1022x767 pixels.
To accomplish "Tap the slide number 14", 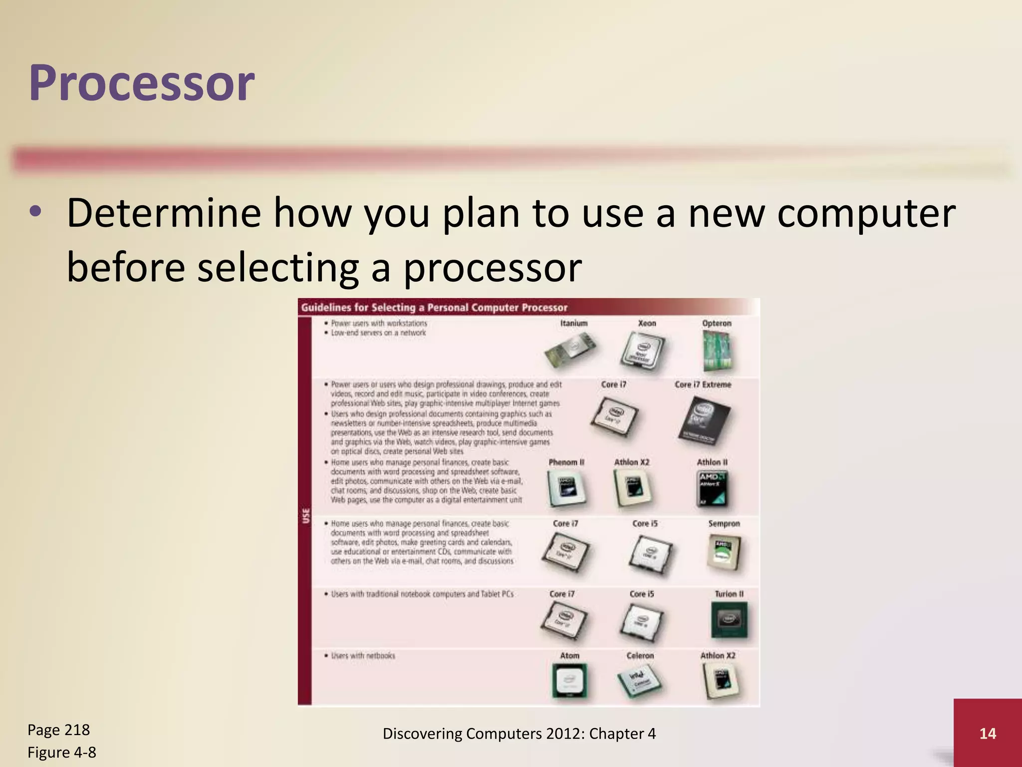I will [x=987, y=734].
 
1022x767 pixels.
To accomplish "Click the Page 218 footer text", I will [x=58, y=730].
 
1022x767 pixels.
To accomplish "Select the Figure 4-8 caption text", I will [x=61, y=752].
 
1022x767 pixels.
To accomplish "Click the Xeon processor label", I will [x=647, y=323].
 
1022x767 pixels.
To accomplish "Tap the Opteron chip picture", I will [x=718, y=352].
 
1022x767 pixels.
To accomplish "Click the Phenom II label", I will [x=566, y=462].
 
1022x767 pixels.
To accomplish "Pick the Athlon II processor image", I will [x=712, y=488].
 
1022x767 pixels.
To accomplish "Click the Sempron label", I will [x=724, y=523].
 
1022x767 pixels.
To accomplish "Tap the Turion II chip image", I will [x=729, y=620].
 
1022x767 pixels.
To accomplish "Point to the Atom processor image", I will [x=569, y=681].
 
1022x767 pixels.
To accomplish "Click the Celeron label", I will [x=640, y=655].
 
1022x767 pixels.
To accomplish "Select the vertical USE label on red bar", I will [x=305, y=515].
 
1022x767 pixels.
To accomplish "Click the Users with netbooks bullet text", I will [x=363, y=656].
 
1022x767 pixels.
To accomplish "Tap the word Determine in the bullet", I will [x=164, y=213].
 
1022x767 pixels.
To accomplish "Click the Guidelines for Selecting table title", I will [x=434, y=308].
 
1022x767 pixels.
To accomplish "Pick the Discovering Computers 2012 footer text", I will [x=519, y=734].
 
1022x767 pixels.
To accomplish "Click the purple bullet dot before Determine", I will [x=35, y=212].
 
